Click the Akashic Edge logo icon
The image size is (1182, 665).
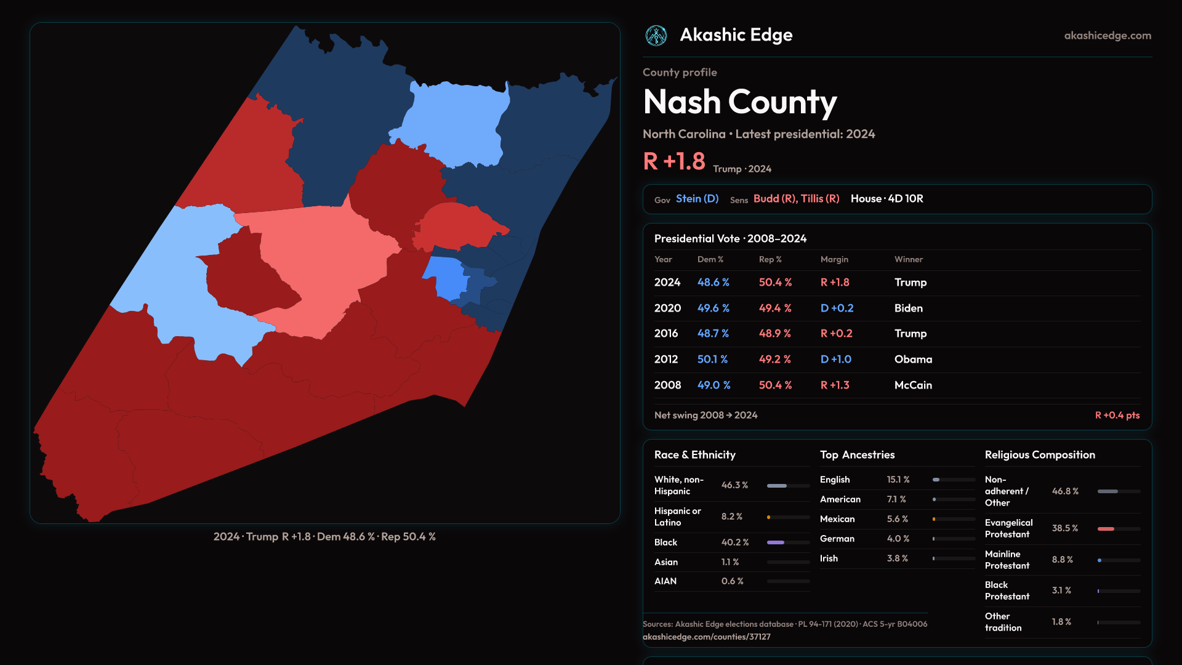click(x=656, y=36)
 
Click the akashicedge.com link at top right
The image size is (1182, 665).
click(x=1108, y=36)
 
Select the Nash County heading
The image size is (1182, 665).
click(x=739, y=102)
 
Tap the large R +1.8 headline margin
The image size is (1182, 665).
click(x=674, y=161)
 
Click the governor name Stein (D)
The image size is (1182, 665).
click(x=697, y=199)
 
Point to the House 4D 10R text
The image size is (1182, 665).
click(x=886, y=199)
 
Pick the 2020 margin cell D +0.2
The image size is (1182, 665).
click(x=837, y=308)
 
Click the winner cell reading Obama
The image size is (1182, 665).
click(x=913, y=359)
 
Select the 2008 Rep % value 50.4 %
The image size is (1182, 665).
click(x=775, y=385)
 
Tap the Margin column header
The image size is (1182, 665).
click(x=834, y=259)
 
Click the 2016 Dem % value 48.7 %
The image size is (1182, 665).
click(x=713, y=333)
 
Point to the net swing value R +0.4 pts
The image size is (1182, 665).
click(x=1117, y=415)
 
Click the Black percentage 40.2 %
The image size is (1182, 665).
click(x=735, y=542)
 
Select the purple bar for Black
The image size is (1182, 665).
click(x=776, y=542)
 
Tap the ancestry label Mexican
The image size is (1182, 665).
click(x=837, y=519)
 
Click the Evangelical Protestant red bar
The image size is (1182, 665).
click(x=1106, y=529)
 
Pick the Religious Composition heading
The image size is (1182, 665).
click(x=1040, y=455)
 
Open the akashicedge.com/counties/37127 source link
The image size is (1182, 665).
click(x=706, y=637)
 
